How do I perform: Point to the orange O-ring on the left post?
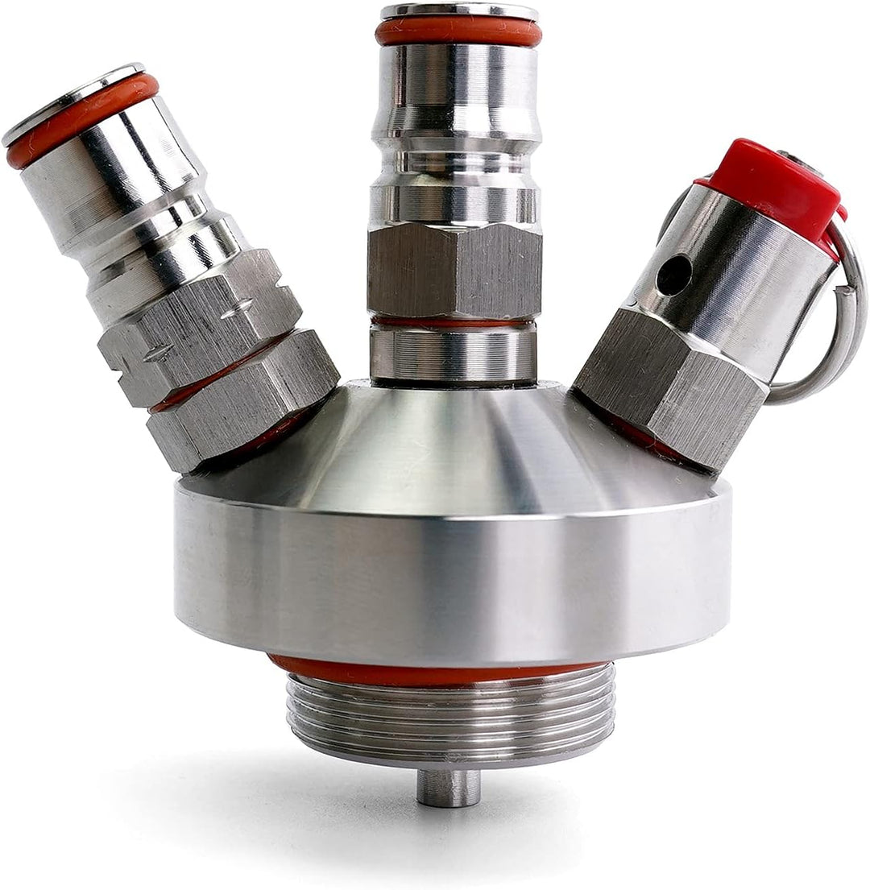click(81, 121)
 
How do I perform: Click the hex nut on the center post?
click(454, 271)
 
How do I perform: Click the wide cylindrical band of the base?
click(451, 580)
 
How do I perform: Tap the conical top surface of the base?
click(451, 451)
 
